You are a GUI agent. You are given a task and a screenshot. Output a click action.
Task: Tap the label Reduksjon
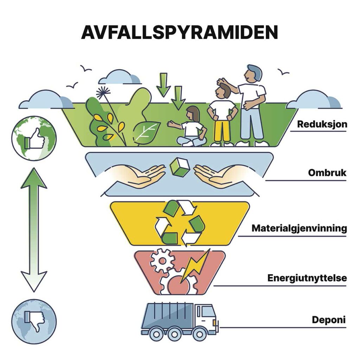(x=322, y=124)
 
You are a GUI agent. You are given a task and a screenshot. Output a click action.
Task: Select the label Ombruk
(x=327, y=173)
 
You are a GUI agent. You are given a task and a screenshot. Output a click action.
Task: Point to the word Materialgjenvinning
(x=299, y=228)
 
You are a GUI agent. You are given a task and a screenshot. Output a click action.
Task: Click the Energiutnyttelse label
(x=307, y=278)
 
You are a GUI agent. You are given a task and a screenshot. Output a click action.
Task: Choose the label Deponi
(x=329, y=320)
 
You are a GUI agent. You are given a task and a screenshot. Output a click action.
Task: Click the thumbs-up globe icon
(x=34, y=138)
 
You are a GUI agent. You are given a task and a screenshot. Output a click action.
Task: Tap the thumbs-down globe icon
(x=34, y=321)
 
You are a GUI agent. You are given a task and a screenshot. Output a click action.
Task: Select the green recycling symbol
(x=180, y=222)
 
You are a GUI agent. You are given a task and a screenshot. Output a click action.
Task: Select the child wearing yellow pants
(x=221, y=116)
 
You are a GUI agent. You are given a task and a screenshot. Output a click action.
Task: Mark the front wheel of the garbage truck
(x=199, y=333)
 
